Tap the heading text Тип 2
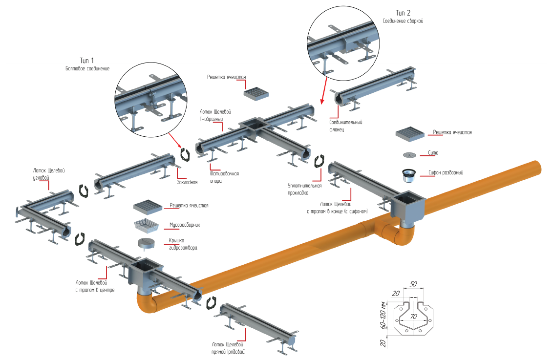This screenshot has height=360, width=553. (403, 13)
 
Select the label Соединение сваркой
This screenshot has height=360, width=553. (403, 21)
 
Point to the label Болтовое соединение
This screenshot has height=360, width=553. (87, 68)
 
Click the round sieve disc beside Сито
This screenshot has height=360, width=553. (409, 155)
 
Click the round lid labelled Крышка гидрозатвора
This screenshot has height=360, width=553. (147, 243)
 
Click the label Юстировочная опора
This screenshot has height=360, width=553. (224, 177)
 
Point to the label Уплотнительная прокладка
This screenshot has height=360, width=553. (305, 189)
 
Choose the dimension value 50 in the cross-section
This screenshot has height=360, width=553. (413, 284)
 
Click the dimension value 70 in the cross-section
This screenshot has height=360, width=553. (413, 317)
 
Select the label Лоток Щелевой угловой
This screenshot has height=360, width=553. (49, 174)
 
